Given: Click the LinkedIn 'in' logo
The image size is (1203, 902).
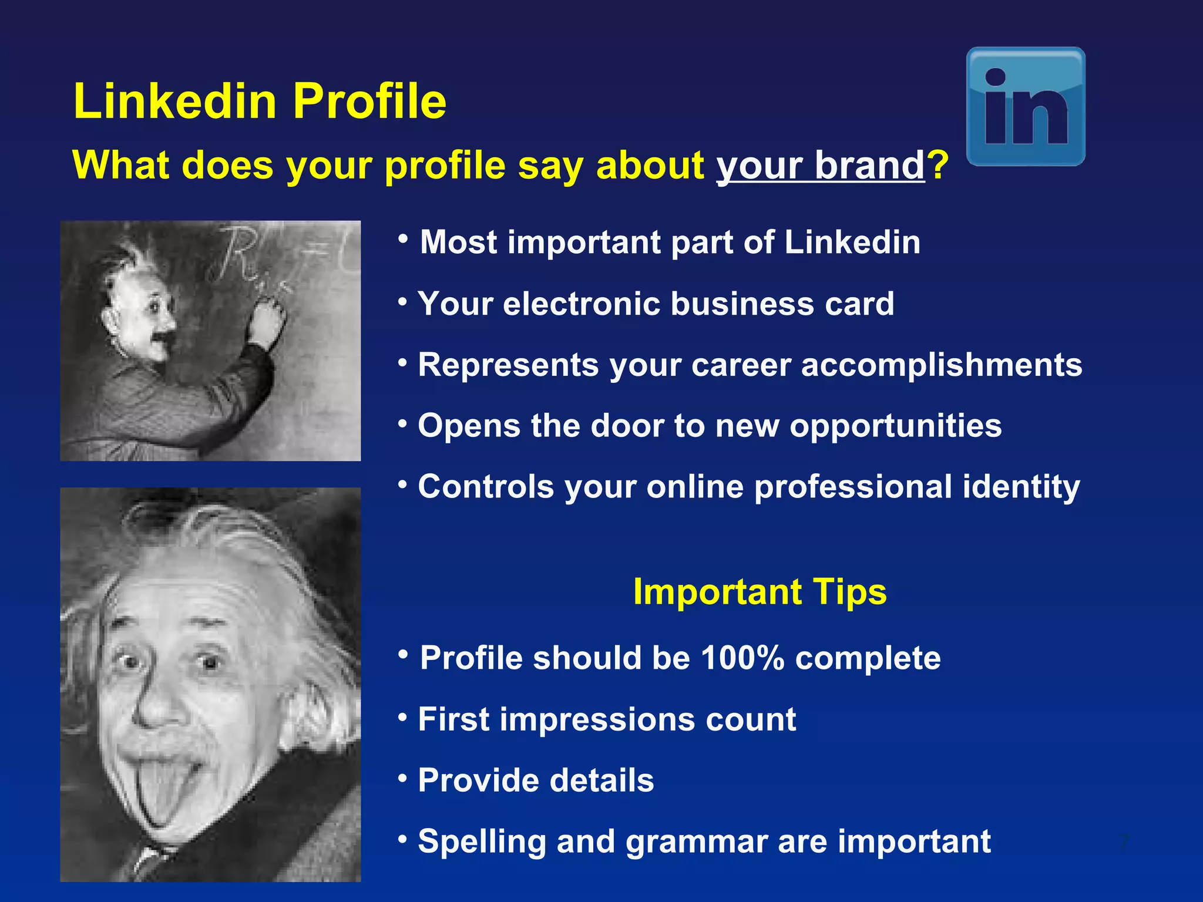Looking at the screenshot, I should [x=1026, y=106].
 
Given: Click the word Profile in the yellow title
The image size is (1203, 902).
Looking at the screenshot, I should [x=370, y=101].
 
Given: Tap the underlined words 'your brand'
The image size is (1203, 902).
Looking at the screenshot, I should [x=821, y=165].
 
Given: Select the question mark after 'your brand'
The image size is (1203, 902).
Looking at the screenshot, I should [x=938, y=165].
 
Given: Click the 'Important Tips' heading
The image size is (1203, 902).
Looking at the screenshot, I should [x=760, y=591].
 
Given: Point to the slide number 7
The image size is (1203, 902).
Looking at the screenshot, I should [x=1124, y=843].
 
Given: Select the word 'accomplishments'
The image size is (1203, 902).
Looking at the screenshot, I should [x=942, y=365].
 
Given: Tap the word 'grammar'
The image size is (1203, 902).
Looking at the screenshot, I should [x=696, y=842].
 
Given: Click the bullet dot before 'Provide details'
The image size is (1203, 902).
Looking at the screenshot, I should [x=402, y=778].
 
